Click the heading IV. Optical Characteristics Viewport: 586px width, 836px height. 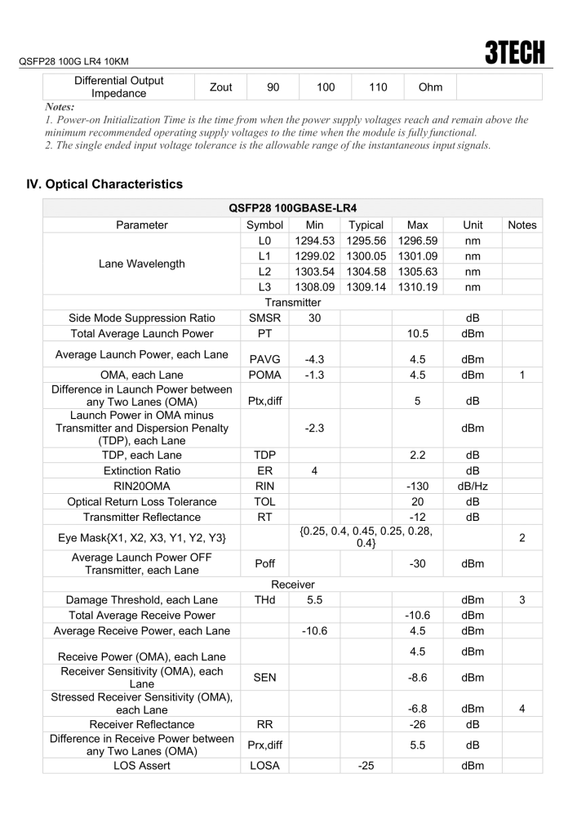click(x=105, y=185)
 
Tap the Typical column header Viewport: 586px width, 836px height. click(x=366, y=225)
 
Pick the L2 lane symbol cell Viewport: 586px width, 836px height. click(x=264, y=271)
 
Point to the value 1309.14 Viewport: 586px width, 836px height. click(x=366, y=287)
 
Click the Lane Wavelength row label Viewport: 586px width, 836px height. click(x=142, y=264)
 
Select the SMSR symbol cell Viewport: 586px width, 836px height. click(x=264, y=318)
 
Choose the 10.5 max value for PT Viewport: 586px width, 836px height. click(x=418, y=333)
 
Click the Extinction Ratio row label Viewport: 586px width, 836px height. click(x=142, y=471)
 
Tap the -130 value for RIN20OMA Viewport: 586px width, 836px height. click(x=418, y=487)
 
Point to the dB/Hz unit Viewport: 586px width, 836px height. click(x=473, y=487)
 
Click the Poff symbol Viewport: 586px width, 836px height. click(x=264, y=563)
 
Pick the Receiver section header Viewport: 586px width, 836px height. click(x=292, y=585)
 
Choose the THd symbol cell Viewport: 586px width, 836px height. click(x=264, y=600)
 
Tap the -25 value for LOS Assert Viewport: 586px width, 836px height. click(x=366, y=767)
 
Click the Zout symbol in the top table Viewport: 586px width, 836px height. click(x=220, y=87)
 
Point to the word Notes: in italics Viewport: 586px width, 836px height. click(x=60, y=106)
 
